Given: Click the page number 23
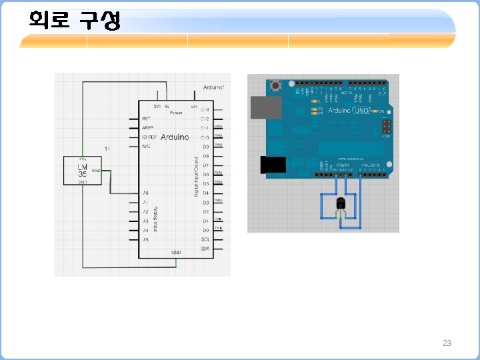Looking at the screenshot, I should [447, 343].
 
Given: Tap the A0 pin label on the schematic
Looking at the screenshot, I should [145, 193].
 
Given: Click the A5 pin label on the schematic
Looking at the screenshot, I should [145, 239].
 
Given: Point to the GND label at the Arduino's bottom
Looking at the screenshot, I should [176, 253].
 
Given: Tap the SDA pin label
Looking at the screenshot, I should [205, 249].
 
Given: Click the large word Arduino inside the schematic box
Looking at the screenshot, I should [175, 137].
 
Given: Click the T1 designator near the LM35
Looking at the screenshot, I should [107, 147].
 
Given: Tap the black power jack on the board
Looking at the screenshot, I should [271, 165].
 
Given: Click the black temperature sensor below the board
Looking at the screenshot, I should [341, 203].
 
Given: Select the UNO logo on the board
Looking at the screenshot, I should [361, 110].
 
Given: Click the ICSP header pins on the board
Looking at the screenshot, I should [387, 127].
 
